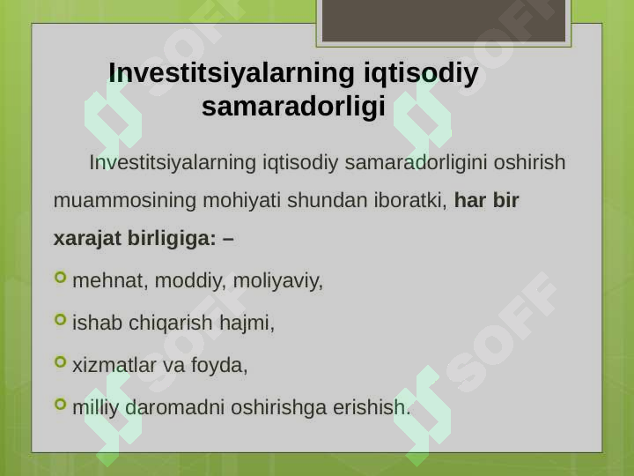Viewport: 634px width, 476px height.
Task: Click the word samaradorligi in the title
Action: point(293,107)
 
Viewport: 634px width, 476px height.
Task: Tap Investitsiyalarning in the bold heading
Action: point(232,73)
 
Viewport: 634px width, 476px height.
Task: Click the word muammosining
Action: point(124,200)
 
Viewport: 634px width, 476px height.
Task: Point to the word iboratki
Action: point(410,200)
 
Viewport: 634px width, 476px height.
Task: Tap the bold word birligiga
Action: point(172,238)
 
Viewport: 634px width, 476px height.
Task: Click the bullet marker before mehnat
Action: point(60,278)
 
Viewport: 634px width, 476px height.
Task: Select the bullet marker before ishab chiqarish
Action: point(60,319)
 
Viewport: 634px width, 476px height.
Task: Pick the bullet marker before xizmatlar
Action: point(60,361)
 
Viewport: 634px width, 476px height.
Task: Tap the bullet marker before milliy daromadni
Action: point(60,404)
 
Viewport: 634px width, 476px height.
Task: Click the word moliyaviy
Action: point(278,280)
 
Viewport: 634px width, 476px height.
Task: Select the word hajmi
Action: point(247,323)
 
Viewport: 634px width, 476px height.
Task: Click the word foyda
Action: point(219,365)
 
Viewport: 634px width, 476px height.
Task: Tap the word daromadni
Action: point(174,406)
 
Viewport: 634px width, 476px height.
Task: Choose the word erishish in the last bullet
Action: point(372,406)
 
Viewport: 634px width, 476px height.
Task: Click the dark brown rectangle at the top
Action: point(444,20)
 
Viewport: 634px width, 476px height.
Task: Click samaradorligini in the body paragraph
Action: point(416,162)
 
